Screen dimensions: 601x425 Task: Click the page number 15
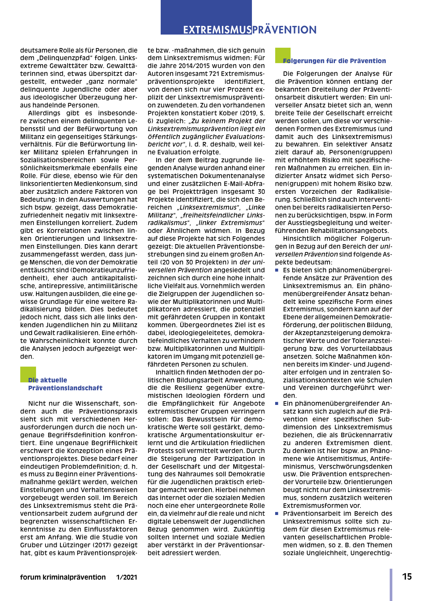(x=407, y=577)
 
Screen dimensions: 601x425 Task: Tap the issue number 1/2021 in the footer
(x=127, y=577)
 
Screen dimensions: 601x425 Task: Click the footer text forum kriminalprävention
(x=63, y=577)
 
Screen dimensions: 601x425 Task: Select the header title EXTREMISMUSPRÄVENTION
(x=250, y=30)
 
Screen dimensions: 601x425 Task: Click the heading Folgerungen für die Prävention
(x=334, y=61)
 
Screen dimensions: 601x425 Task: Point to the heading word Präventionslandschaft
(x=65, y=388)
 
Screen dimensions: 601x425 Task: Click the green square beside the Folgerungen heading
(x=283, y=55)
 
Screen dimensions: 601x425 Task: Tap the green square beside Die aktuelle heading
(x=28, y=374)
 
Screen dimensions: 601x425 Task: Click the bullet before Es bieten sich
(x=277, y=270)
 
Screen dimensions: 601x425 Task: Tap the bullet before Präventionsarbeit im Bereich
(x=277, y=513)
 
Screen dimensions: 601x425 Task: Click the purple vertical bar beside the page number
(x=391, y=584)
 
